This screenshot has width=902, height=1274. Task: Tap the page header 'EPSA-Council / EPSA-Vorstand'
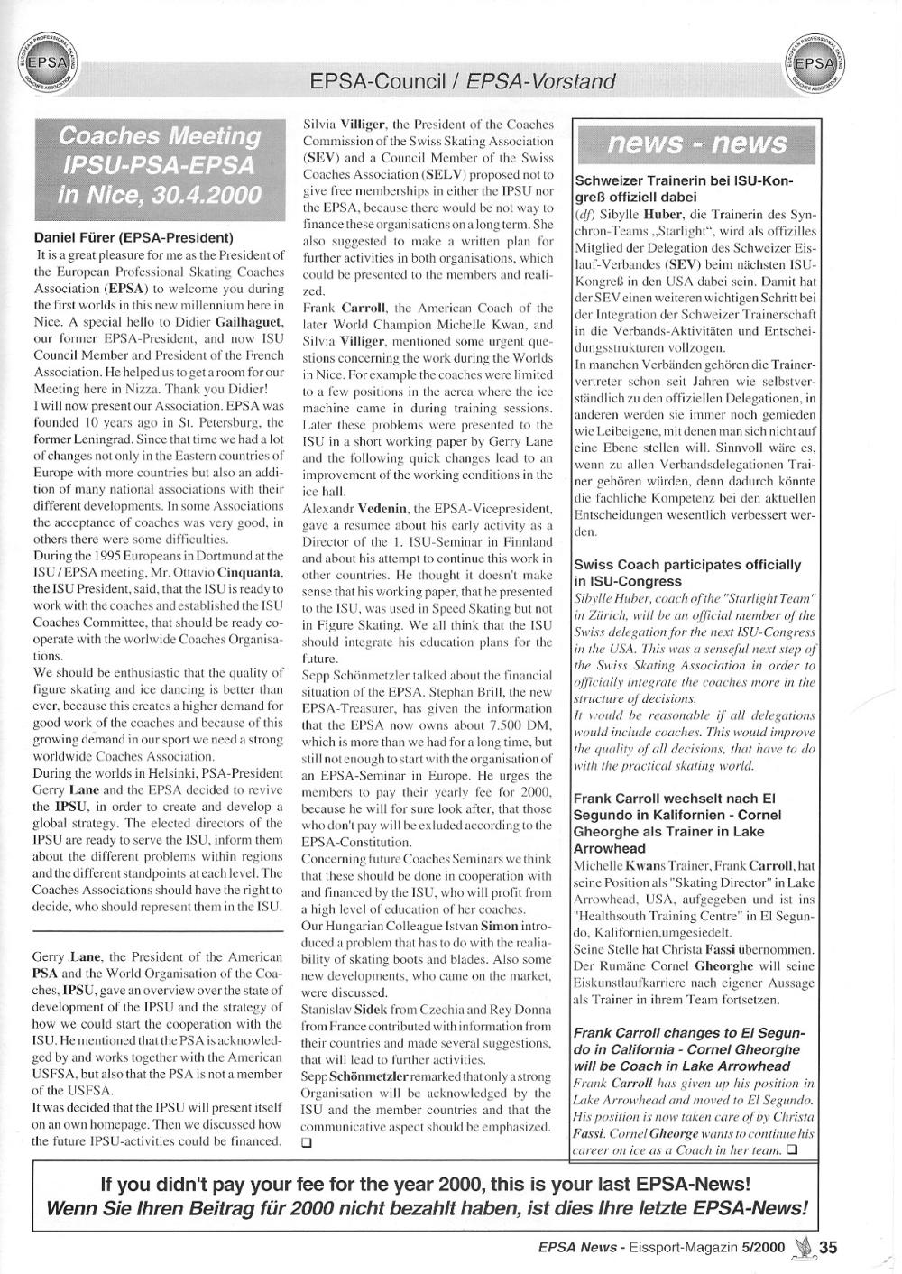coord(462,82)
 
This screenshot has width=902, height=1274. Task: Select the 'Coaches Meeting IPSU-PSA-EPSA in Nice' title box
coord(160,165)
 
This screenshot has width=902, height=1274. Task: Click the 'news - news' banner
coord(697,144)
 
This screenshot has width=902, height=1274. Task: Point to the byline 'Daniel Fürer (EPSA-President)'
coord(133,238)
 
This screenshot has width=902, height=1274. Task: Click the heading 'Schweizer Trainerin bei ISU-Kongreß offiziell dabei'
coord(684,188)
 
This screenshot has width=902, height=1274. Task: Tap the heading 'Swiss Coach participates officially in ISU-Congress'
coord(687,572)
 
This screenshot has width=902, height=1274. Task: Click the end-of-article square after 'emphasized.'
coord(306,1142)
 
